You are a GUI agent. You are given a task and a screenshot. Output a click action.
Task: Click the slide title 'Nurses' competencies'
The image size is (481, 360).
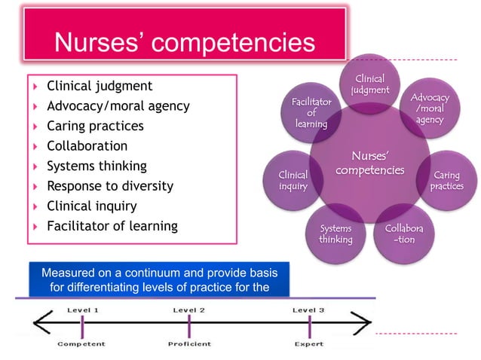tap(185, 44)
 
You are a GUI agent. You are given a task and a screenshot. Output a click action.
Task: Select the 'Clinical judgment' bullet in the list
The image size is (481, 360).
tap(100, 86)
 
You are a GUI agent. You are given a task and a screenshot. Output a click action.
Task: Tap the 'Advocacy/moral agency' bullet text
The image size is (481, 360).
tap(118, 106)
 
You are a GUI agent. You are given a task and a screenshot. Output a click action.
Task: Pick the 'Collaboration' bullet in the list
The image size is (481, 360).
tap(87, 146)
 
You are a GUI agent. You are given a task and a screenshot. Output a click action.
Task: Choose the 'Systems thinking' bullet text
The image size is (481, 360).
tap(97, 166)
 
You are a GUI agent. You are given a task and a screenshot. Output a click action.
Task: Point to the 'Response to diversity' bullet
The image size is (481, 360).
tap(109, 186)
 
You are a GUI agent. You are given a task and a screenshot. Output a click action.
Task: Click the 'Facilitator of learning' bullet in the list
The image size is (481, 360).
tap(112, 226)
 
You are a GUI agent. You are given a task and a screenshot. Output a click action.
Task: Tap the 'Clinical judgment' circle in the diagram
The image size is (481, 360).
tap(369, 84)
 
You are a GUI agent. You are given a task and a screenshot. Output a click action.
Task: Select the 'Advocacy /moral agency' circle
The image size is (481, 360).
tap(429, 109)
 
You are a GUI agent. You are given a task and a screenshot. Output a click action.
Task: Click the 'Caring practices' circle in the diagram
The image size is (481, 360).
tap(446, 181)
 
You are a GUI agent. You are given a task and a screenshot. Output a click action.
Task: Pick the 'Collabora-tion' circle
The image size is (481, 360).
tap(404, 233)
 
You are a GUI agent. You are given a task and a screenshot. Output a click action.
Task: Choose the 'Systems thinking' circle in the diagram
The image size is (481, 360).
tap(335, 233)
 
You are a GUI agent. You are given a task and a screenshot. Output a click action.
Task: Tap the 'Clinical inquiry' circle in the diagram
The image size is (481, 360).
tap(293, 181)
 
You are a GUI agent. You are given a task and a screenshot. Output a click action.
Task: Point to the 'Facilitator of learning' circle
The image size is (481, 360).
tap(311, 113)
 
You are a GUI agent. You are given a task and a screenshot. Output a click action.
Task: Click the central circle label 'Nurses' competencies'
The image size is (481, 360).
tap(369, 163)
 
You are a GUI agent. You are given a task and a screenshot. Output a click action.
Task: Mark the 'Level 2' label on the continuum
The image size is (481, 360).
tap(189, 310)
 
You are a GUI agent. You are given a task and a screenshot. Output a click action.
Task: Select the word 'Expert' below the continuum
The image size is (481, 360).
tap(309, 344)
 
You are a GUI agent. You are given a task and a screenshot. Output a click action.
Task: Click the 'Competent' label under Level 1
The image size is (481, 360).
tap(81, 344)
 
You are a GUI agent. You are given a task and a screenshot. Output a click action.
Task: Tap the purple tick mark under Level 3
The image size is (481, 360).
tap(309, 326)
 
